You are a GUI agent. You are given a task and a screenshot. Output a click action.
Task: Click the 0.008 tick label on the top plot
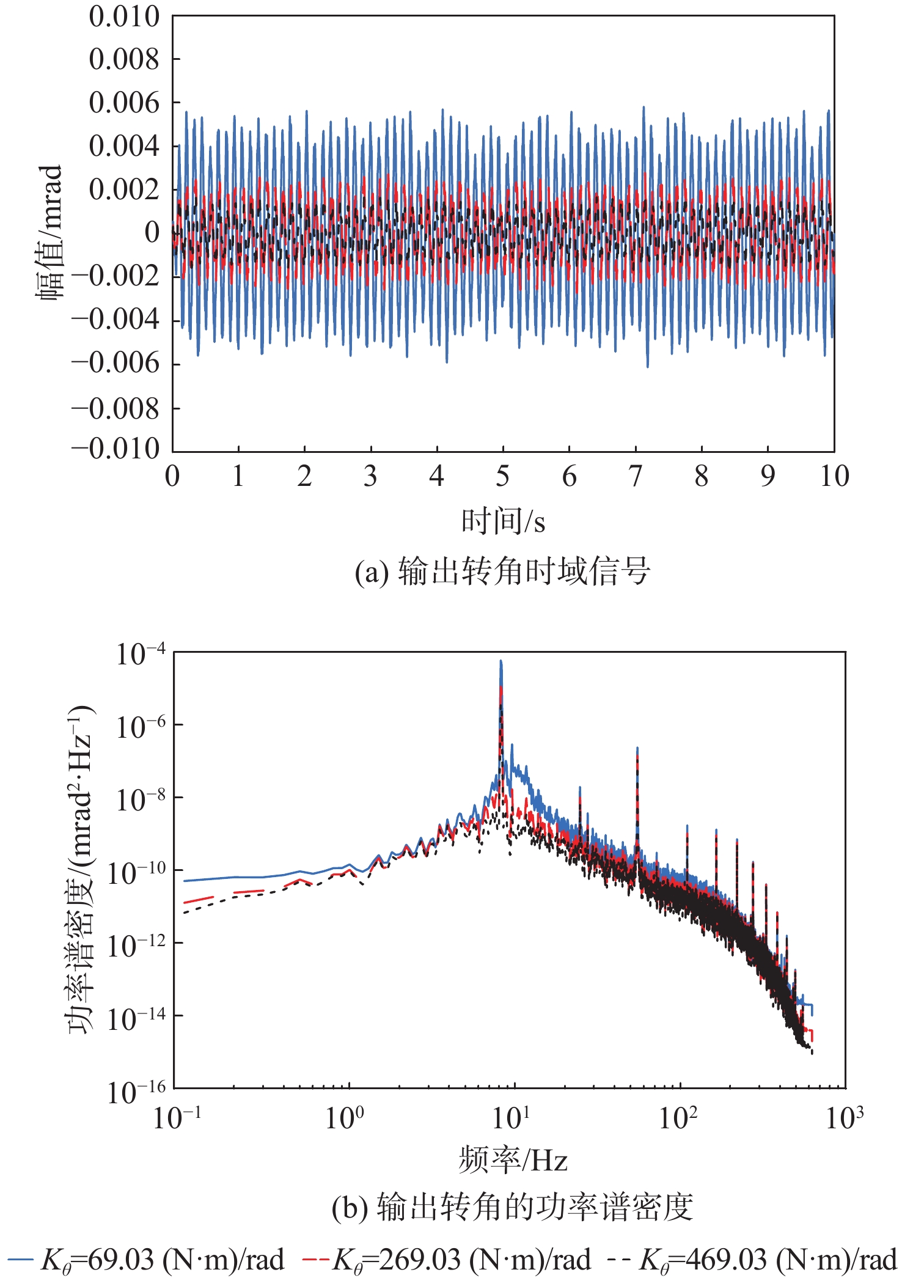coord(123,59)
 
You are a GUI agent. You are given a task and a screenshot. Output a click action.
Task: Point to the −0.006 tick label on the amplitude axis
coord(116,363)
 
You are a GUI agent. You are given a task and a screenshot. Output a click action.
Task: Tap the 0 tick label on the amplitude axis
coord(152,232)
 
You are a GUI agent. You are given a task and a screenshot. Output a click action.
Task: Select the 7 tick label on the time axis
coord(636,476)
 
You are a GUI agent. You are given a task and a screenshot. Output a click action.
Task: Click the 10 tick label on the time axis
coord(834,476)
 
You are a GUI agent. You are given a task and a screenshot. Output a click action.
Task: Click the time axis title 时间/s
coord(503,521)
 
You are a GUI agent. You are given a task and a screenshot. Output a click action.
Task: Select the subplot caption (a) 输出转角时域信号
coord(502,572)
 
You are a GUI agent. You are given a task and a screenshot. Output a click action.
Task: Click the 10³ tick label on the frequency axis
coord(845,1117)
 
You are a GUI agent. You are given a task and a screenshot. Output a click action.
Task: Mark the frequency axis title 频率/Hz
coord(513,1159)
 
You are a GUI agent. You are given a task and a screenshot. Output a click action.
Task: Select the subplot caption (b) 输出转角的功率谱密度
coord(512,1207)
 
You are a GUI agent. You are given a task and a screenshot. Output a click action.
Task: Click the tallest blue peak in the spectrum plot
coord(501,661)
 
